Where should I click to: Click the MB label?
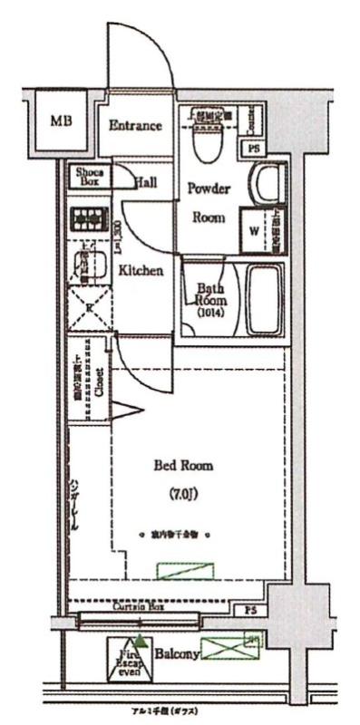point(61,121)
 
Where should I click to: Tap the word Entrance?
point(135,126)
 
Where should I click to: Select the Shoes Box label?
point(88,177)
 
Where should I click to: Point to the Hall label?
point(145,182)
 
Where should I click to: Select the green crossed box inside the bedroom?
point(187,571)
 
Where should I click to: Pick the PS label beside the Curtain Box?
point(251,611)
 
